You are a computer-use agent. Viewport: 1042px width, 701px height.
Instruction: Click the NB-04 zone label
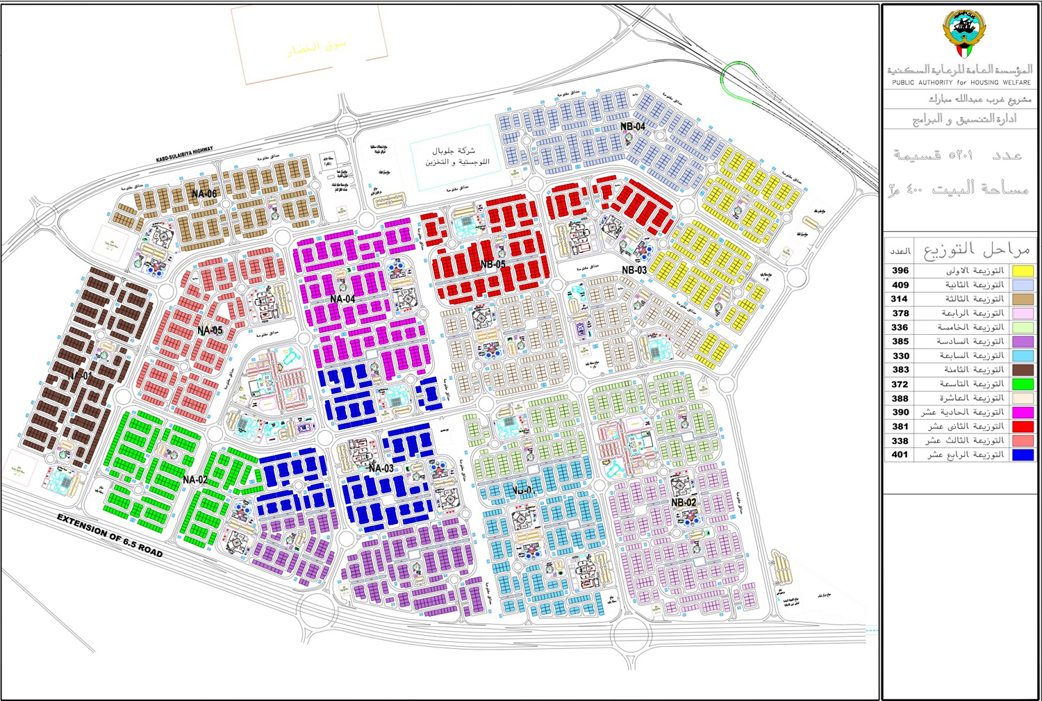(x=632, y=126)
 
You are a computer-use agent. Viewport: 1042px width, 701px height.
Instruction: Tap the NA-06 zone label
(x=204, y=194)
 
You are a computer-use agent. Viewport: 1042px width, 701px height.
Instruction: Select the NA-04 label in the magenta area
(x=342, y=299)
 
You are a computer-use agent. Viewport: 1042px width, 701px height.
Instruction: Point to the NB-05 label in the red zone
(x=493, y=265)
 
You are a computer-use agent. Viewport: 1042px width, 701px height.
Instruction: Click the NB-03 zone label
(x=634, y=270)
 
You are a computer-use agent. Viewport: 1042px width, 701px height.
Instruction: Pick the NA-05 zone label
(x=210, y=331)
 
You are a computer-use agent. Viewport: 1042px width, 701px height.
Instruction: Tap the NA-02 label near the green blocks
(x=195, y=480)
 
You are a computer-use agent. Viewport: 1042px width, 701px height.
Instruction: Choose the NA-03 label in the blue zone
(x=381, y=469)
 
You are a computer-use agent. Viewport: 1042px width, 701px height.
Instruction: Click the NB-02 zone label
(x=684, y=502)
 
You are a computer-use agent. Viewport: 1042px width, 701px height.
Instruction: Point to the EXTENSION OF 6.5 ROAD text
(x=110, y=536)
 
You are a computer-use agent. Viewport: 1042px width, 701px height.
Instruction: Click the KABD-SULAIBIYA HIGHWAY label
(x=185, y=155)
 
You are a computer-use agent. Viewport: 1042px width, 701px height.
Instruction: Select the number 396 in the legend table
(x=901, y=271)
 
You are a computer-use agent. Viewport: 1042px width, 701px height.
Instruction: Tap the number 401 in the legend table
(x=900, y=455)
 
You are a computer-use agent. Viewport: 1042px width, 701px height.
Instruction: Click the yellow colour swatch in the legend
(x=1023, y=271)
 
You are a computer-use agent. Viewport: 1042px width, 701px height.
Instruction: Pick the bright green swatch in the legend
(x=1023, y=384)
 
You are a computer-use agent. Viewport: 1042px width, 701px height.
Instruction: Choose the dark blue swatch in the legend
(x=1023, y=455)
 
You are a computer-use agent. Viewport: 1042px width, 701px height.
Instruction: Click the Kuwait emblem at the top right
(x=963, y=33)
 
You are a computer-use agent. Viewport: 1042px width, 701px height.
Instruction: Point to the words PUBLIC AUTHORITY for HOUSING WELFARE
(x=961, y=83)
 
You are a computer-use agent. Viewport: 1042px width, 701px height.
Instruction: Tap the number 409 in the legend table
(x=901, y=285)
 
